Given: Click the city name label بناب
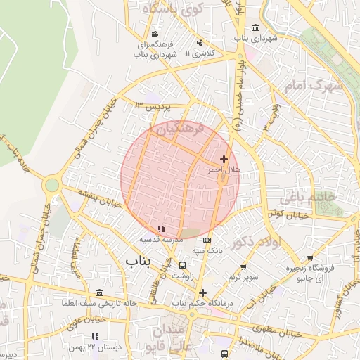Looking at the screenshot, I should point(139,262).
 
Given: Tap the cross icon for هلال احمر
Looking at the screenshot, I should point(224,160).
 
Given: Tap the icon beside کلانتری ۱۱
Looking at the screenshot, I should point(200,42).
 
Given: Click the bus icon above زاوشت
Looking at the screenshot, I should point(183,266).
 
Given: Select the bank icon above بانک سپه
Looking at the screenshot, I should point(207,239).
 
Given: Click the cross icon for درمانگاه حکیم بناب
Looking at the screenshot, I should point(202,292).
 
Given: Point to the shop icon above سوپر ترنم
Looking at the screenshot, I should point(243,266).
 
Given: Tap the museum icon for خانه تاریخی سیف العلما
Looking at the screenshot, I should point(98,292).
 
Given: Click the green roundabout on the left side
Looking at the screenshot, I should point(51,186).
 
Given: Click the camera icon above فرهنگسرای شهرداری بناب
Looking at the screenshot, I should point(155,34).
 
